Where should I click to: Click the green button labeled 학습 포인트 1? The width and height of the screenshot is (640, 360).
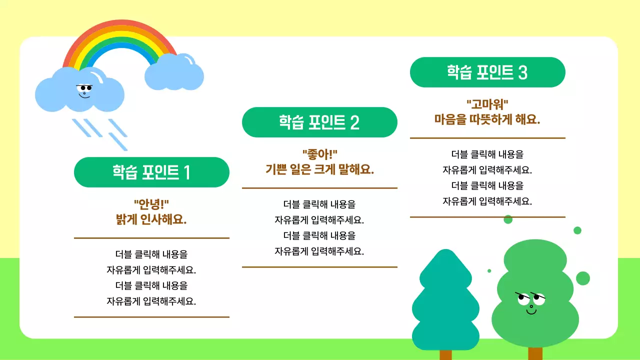[151, 172]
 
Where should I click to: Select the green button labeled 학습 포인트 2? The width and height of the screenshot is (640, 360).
[319, 122]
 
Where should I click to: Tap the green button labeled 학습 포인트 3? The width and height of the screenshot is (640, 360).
[487, 72]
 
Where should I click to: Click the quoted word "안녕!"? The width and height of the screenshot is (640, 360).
[151, 204]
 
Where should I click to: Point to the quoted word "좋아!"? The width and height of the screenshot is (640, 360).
[319, 154]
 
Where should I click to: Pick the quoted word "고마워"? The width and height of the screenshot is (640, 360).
[487, 104]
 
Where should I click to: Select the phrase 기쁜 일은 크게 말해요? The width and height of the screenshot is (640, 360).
[319, 169]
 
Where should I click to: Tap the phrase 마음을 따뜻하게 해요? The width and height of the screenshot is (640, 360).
[487, 119]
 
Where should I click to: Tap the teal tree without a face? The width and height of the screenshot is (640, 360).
[445, 300]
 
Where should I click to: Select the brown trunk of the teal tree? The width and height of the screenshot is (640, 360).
[445, 354]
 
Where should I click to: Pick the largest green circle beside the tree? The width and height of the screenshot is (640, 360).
[583, 278]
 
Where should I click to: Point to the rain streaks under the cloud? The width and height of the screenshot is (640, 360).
[100, 132]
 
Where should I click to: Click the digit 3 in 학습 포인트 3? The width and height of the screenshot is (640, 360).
[522, 73]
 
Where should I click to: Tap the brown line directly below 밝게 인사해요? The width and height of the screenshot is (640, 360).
[151, 238]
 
